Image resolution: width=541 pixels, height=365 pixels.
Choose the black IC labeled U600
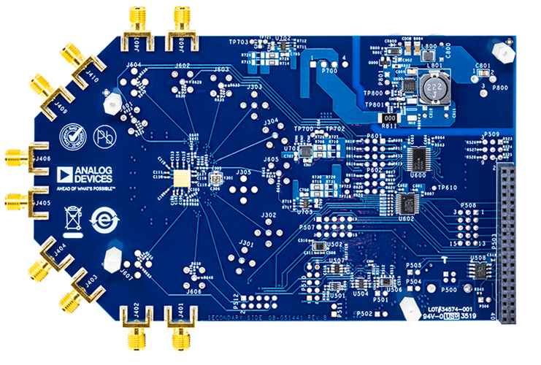[x=419, y=157]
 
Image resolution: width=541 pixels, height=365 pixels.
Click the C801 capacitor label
[x=482, y=66]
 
